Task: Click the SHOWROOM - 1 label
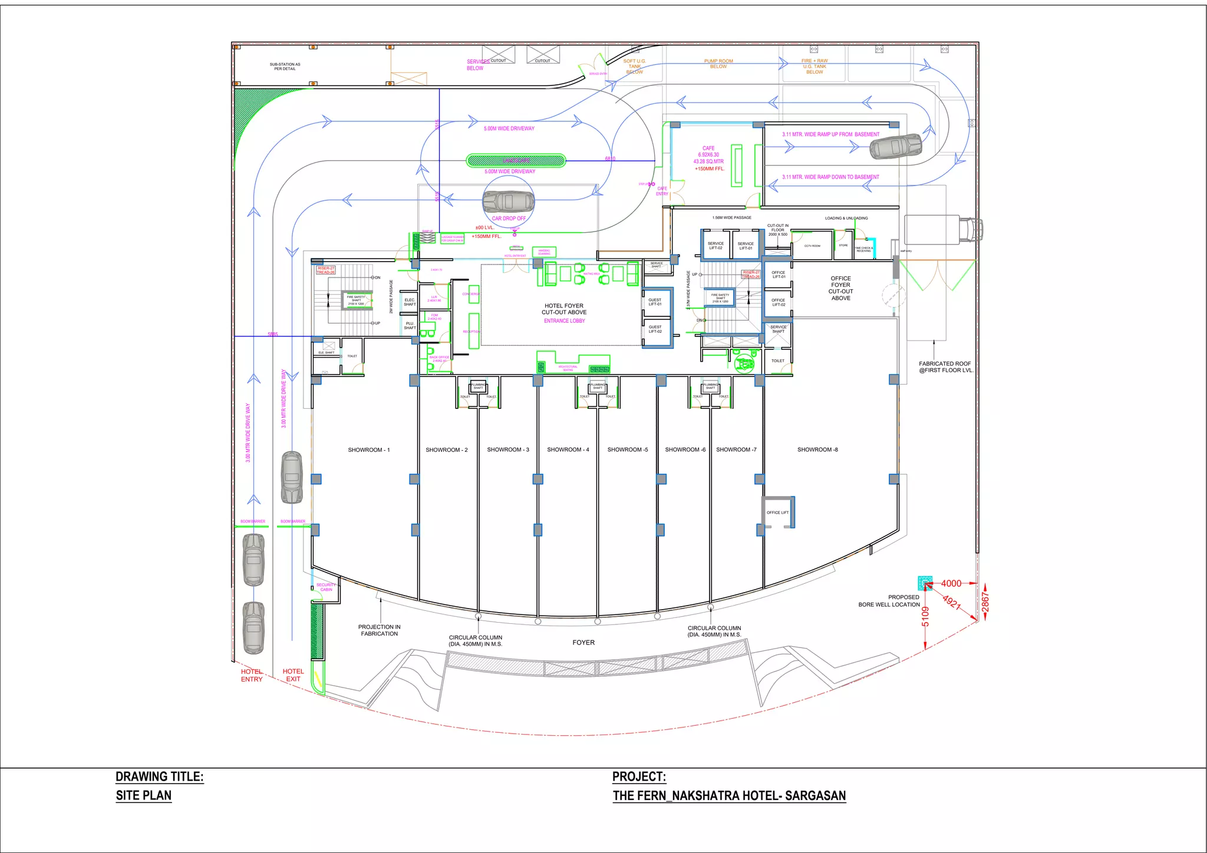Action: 368,450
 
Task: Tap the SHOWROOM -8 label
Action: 817,449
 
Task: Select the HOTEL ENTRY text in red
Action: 252,675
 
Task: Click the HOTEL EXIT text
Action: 293,675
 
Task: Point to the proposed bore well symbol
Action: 925,583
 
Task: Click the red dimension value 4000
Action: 951,583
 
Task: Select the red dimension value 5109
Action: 925,616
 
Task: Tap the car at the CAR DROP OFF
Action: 508,201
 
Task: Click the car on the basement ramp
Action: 895,146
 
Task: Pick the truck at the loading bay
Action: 943,229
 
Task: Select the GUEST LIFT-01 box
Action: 655,302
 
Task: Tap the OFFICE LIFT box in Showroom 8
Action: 777,513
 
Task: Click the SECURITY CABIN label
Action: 326,587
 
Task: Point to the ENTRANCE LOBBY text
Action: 564,321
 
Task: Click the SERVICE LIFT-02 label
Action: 715,246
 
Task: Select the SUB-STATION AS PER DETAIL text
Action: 285,67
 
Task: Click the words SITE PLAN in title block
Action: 143,795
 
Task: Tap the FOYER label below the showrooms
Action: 583,643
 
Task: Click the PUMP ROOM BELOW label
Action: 718,64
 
